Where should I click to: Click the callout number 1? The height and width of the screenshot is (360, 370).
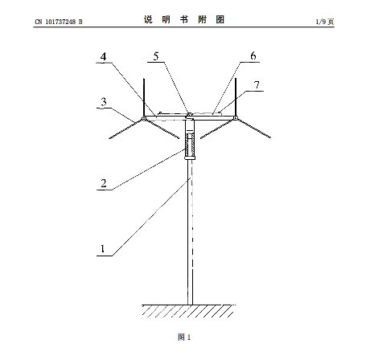102,248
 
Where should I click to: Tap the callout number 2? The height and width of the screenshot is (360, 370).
104,183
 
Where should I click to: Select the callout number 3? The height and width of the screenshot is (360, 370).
104,101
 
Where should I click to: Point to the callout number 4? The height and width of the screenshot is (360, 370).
104,56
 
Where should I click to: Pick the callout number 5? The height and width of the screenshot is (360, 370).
156,56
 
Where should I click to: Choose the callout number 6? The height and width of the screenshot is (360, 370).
253,55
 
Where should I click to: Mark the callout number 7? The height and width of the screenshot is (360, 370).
257,85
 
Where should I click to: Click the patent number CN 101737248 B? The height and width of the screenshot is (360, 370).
59,22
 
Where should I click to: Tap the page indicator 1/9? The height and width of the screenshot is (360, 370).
321,22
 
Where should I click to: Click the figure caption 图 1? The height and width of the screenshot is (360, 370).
184,337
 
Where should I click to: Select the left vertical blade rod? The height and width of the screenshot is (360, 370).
144,97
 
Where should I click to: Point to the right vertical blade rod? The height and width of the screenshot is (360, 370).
236,97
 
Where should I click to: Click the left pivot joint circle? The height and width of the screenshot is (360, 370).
144,118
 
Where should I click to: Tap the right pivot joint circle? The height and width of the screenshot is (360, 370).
235,118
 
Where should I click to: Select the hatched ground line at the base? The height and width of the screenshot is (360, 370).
189,311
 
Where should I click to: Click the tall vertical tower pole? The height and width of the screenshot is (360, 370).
190,232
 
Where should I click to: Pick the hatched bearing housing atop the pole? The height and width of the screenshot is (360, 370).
190,145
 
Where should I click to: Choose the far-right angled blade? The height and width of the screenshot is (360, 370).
254,129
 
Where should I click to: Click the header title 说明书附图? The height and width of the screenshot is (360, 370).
184,19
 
